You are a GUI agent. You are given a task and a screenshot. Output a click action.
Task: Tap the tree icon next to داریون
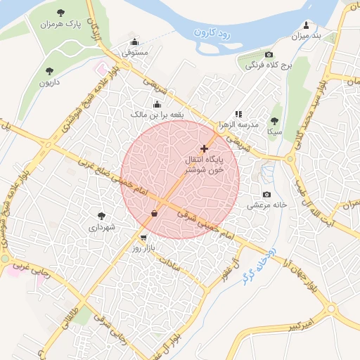[49, 70]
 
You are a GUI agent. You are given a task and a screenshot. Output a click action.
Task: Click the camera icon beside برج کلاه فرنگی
[269, 54]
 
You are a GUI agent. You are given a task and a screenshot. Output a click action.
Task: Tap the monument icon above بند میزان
[307, 24]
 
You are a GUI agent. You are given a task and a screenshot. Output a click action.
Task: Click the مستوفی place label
[135, 52]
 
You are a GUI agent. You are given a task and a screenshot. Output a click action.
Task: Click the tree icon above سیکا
[274, 120]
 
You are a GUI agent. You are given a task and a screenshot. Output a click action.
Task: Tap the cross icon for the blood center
[205, 148]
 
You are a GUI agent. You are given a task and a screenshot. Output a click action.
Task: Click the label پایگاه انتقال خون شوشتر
[205, 165]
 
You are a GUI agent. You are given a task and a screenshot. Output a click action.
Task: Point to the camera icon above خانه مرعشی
[266, 194]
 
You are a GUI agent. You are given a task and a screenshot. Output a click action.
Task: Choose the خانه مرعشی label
[267, 206]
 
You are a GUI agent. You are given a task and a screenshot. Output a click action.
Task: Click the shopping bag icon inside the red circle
[154, 213]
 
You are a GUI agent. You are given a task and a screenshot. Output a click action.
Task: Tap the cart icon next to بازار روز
[144, 238]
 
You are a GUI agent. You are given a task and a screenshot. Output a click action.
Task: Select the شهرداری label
[102, 228]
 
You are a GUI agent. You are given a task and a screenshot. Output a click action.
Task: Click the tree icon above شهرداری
[102, 216]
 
